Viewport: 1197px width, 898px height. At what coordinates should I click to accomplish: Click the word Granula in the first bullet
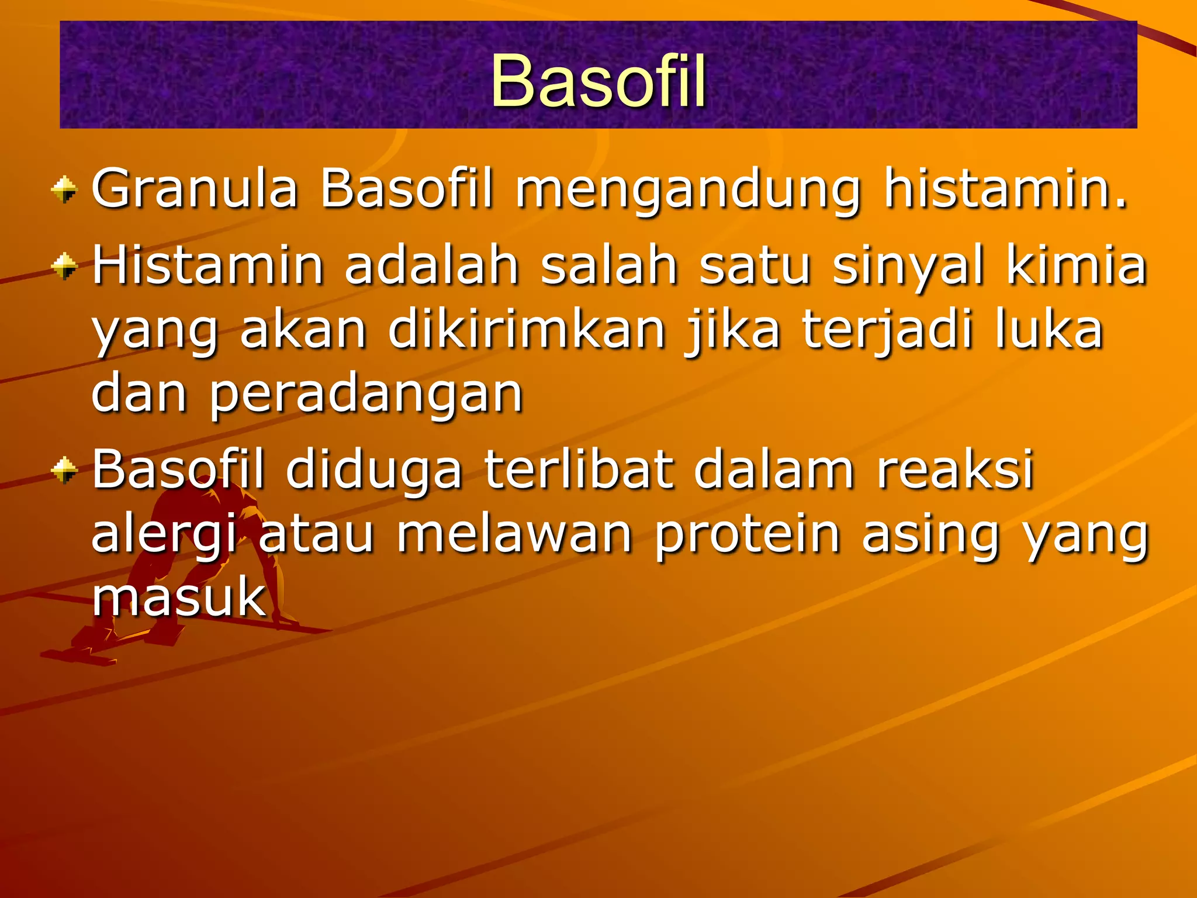tap(195, 188)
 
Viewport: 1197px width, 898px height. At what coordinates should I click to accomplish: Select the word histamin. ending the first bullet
tap(1005, 188)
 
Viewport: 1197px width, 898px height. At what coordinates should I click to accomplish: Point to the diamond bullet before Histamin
tap(64, 267)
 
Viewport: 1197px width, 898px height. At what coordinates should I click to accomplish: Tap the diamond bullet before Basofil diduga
tap(64, 471)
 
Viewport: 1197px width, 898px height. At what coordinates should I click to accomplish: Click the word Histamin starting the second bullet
tap(207, 265)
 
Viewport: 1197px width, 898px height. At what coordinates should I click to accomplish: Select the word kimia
tap(1077, 265)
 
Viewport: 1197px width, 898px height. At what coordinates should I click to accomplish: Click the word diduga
tap(374, 471)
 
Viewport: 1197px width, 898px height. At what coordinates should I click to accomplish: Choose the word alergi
tap(165, 536)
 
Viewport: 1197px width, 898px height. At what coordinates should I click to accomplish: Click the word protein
tap(747, 536)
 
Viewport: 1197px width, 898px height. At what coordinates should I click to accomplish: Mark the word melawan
tap(514, 534)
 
